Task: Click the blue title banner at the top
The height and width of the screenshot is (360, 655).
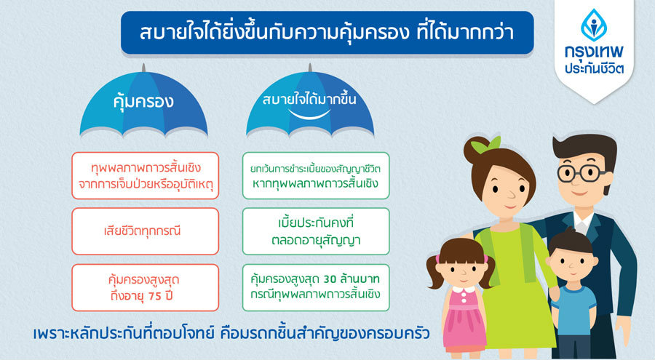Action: point(327,33)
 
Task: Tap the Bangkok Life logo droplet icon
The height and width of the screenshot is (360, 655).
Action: point(594,25)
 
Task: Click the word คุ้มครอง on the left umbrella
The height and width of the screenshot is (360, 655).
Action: point(143,102)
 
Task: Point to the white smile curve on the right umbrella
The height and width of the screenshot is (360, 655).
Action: point(309,114)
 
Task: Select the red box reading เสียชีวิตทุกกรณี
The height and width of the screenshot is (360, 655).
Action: point(146,231)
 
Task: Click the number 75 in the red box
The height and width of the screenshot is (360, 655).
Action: point(155,296)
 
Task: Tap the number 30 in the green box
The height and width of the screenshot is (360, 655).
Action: point(330,279)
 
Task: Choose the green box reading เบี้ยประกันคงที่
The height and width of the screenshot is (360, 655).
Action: point(316,231)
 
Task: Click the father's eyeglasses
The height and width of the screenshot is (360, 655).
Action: point(581,173)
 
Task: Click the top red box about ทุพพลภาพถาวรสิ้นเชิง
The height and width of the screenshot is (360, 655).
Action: point(146,175)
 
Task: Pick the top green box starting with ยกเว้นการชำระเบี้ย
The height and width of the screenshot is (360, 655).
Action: point(316,175)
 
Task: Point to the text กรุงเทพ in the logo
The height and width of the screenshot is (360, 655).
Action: point(594,52)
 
